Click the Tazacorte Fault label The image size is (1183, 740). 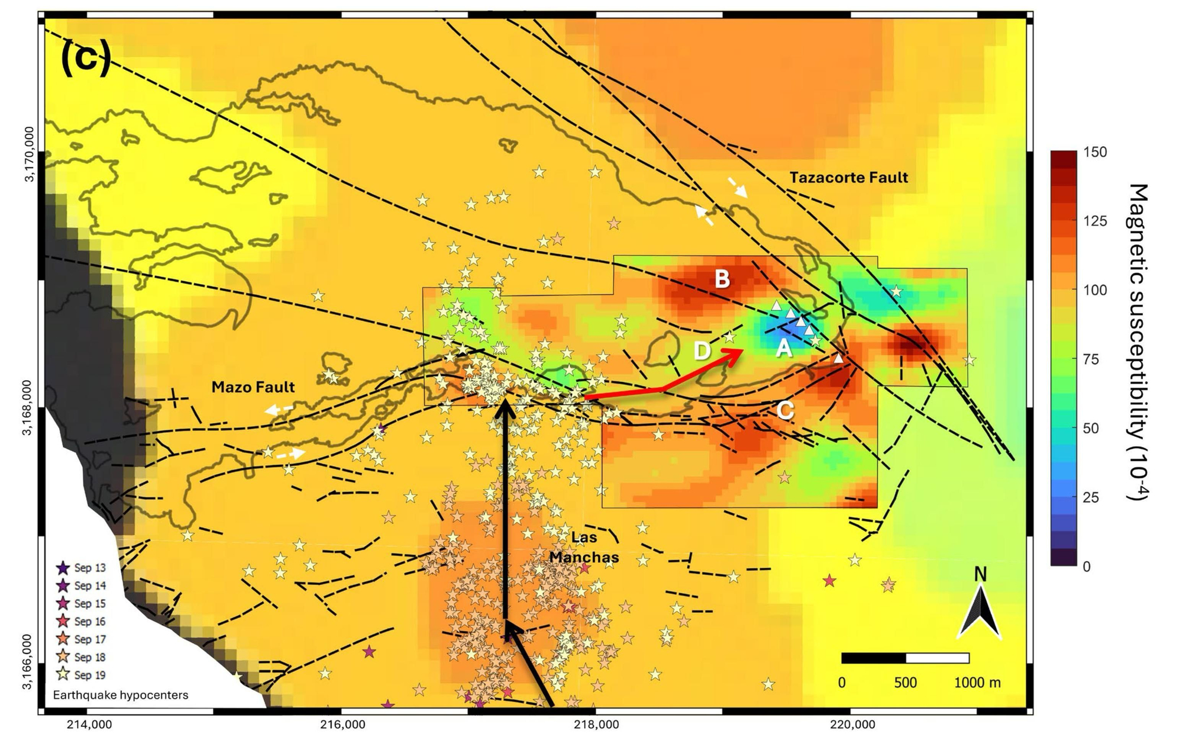[848, 177]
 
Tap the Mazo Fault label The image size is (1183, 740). [253, 387]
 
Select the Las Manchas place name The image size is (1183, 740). [584, 548]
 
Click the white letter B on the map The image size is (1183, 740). [722, 279]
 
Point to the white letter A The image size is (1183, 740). [784, 349]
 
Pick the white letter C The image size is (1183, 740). [785, 410]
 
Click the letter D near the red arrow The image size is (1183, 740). [702, 351]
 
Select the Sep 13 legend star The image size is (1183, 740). [63, 568]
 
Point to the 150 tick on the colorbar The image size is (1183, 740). [1095, 152]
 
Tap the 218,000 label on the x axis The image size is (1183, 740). [596, 724]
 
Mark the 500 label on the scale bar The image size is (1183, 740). [905, 683]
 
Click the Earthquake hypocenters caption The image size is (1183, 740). [121, 695]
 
